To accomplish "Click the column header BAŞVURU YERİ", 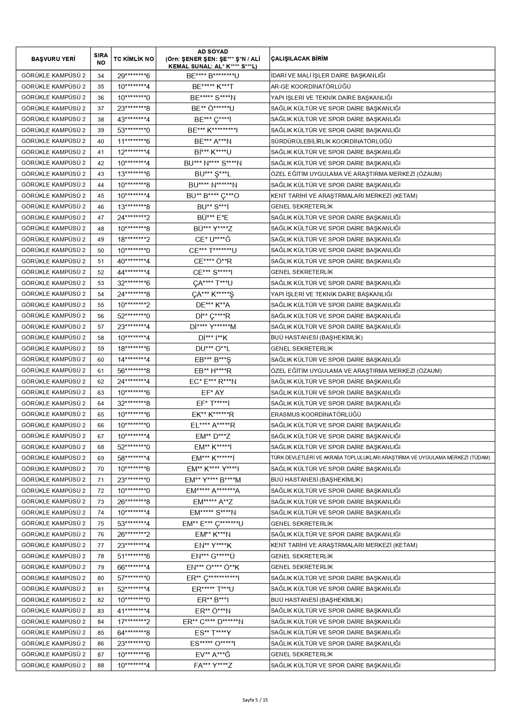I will click(x=53, y=59).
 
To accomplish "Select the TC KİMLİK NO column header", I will click(x=133, y=59).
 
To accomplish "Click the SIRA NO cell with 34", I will click(x=101, y=76).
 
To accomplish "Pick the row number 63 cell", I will click(x=101, y=393).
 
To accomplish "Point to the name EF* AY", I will click(x=212, y=393).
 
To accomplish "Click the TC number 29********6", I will click(x=133, y=76).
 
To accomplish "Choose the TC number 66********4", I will click(x=133, y=567).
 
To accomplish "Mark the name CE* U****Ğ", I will click(x=212, y=239).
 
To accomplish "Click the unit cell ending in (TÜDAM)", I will click(x=380, y=458).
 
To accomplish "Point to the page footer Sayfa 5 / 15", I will click(x=255, y=700).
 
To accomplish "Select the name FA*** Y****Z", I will click(x=212, y=665).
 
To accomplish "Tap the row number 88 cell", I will click(x=101, y=665).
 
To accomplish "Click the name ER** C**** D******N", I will click(x=212, y=622).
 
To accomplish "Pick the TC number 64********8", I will click(x=133, y=633).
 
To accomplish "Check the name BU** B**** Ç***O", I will click(x=212, y=196).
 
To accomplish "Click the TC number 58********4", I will click(x=133, y=458).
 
